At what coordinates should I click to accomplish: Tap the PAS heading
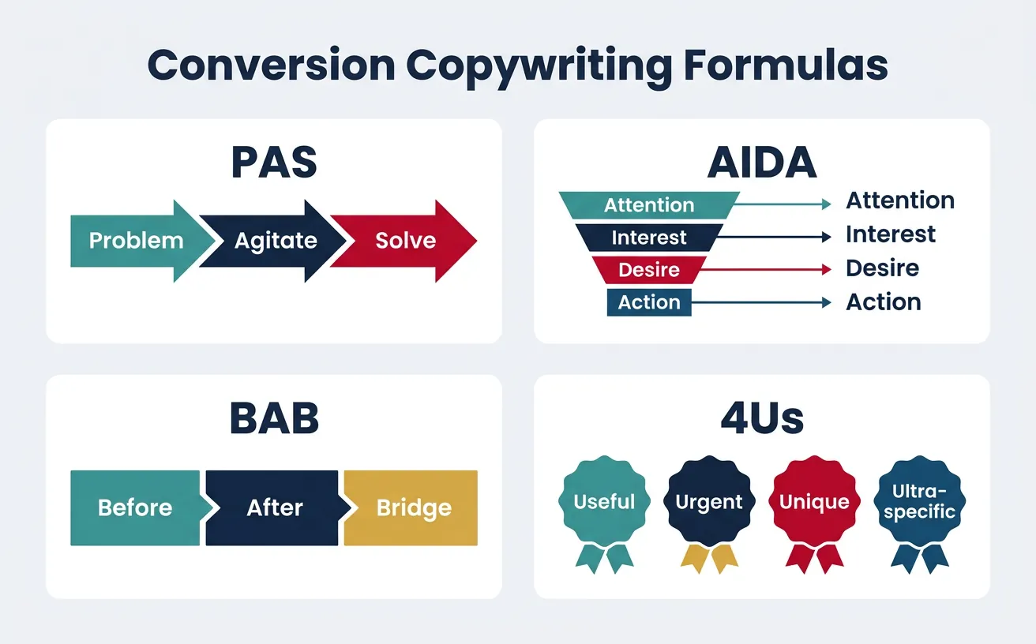tap(274, 163)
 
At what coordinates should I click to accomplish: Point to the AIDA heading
tap(762, 163)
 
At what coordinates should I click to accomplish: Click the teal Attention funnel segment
tap(649, 205)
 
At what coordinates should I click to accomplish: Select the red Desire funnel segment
tap(649, 270)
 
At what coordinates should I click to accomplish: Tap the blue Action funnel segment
tap(649, 302)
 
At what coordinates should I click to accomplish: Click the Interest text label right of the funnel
tap(891, 234)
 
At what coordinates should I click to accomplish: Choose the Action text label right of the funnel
tap(884, 301)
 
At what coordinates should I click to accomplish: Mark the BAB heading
tap(274, 418)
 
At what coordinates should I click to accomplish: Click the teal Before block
tap(135, 507)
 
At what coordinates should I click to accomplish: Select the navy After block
tap(275, 507)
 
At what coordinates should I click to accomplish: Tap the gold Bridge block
tap(413, 507)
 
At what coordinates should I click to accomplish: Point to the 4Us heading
tap(762, 418)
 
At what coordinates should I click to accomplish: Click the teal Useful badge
tap(605, 501)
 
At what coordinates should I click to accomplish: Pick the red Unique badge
tap(814, 501)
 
